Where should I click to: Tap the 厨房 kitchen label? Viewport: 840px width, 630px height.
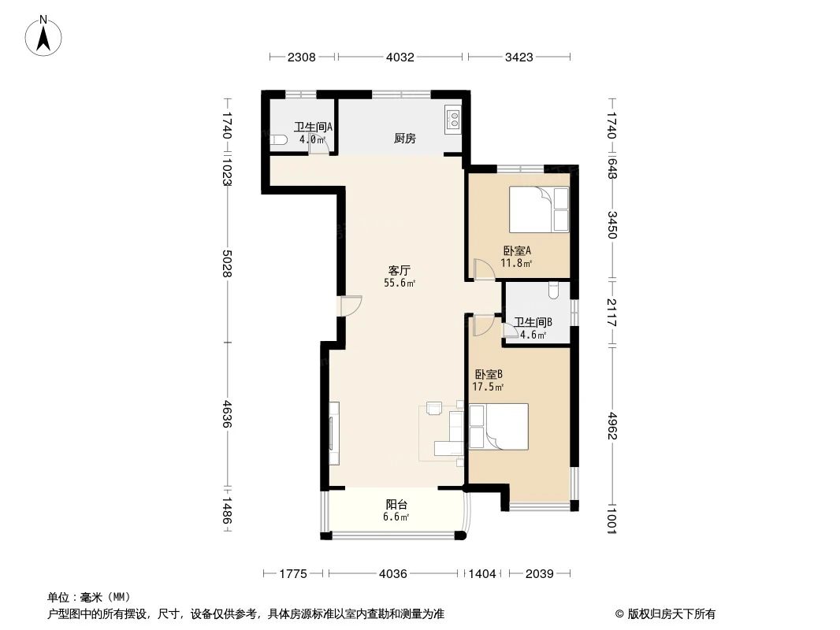tap(404, 139)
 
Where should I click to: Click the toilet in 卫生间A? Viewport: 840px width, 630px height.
tap(276, 141)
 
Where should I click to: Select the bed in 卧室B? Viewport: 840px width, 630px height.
tap(497, 425)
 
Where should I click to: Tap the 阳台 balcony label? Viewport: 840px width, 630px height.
tap(396, 505)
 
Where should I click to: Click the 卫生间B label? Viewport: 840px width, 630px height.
tap(533, 322)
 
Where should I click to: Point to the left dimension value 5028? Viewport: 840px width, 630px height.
tap(228, 263)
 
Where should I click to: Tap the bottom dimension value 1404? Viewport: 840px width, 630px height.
tap(482, 574)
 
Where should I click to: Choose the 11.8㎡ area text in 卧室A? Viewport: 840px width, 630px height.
tap(517, 264)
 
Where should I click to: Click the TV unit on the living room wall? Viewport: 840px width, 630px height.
tap(334, 433)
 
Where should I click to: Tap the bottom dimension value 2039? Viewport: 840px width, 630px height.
tap(541, 574)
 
